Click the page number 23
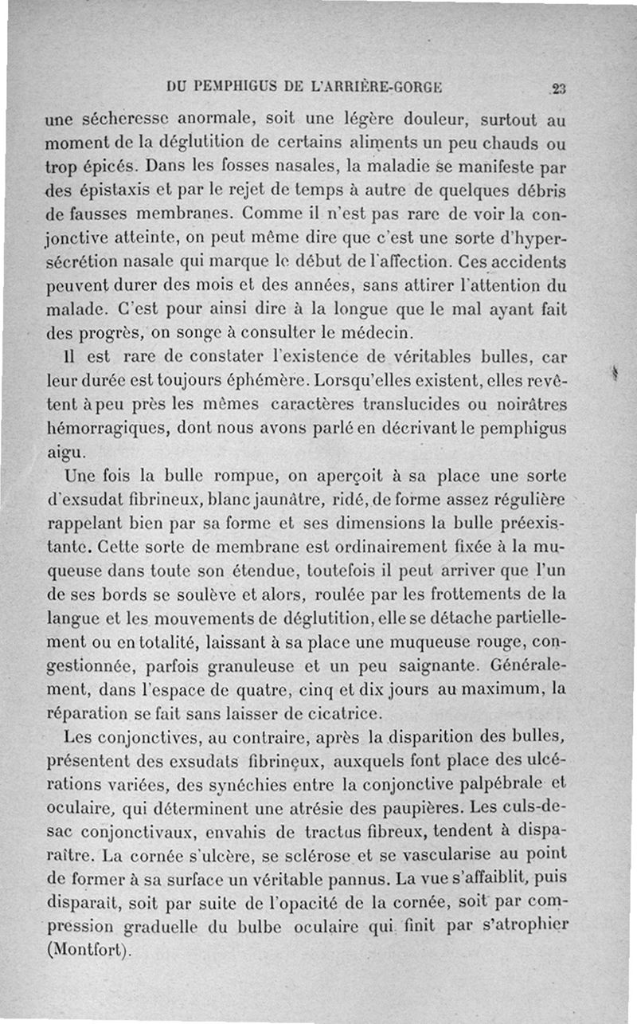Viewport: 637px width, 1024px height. (556, 88)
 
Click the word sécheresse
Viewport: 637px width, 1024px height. (125, 122)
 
